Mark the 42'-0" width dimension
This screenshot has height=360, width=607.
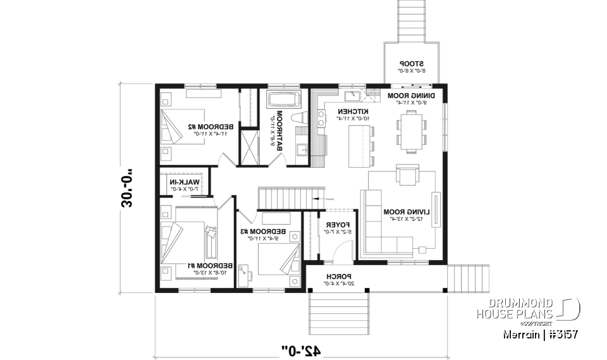click(301, 350)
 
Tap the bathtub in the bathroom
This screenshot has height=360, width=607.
click(284, 100)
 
